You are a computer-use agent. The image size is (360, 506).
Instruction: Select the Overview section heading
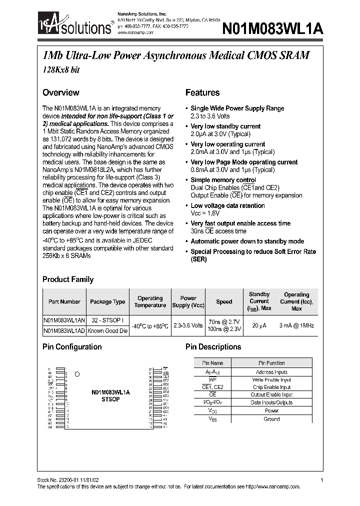[60, 92]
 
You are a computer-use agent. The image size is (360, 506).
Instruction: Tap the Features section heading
[202, 92]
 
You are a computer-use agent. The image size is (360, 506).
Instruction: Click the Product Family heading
[67, 279]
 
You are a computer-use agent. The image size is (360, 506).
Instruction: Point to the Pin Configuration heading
[72, 346]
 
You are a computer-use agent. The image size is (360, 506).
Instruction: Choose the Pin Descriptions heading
[213, 346]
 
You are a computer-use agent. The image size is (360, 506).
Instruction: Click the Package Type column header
[107, 301]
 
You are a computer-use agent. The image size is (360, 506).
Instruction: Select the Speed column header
[224, 301]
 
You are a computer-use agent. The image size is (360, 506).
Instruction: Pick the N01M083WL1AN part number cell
[64, 321]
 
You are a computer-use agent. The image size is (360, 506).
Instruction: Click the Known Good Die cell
[107, 330]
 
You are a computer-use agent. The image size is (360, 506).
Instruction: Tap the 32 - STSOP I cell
[107, 321]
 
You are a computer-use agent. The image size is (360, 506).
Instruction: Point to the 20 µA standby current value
[259, 325]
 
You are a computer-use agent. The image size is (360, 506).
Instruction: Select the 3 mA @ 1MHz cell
[297, 325]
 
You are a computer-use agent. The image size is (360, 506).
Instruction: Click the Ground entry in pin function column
[271, 419]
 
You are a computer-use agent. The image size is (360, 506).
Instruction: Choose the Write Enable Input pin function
[271, 380]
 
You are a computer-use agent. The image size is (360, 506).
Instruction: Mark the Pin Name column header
[212, 363]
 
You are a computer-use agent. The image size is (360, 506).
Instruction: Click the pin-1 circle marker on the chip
[76, 374]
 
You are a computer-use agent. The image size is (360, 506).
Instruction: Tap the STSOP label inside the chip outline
[110, 400]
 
